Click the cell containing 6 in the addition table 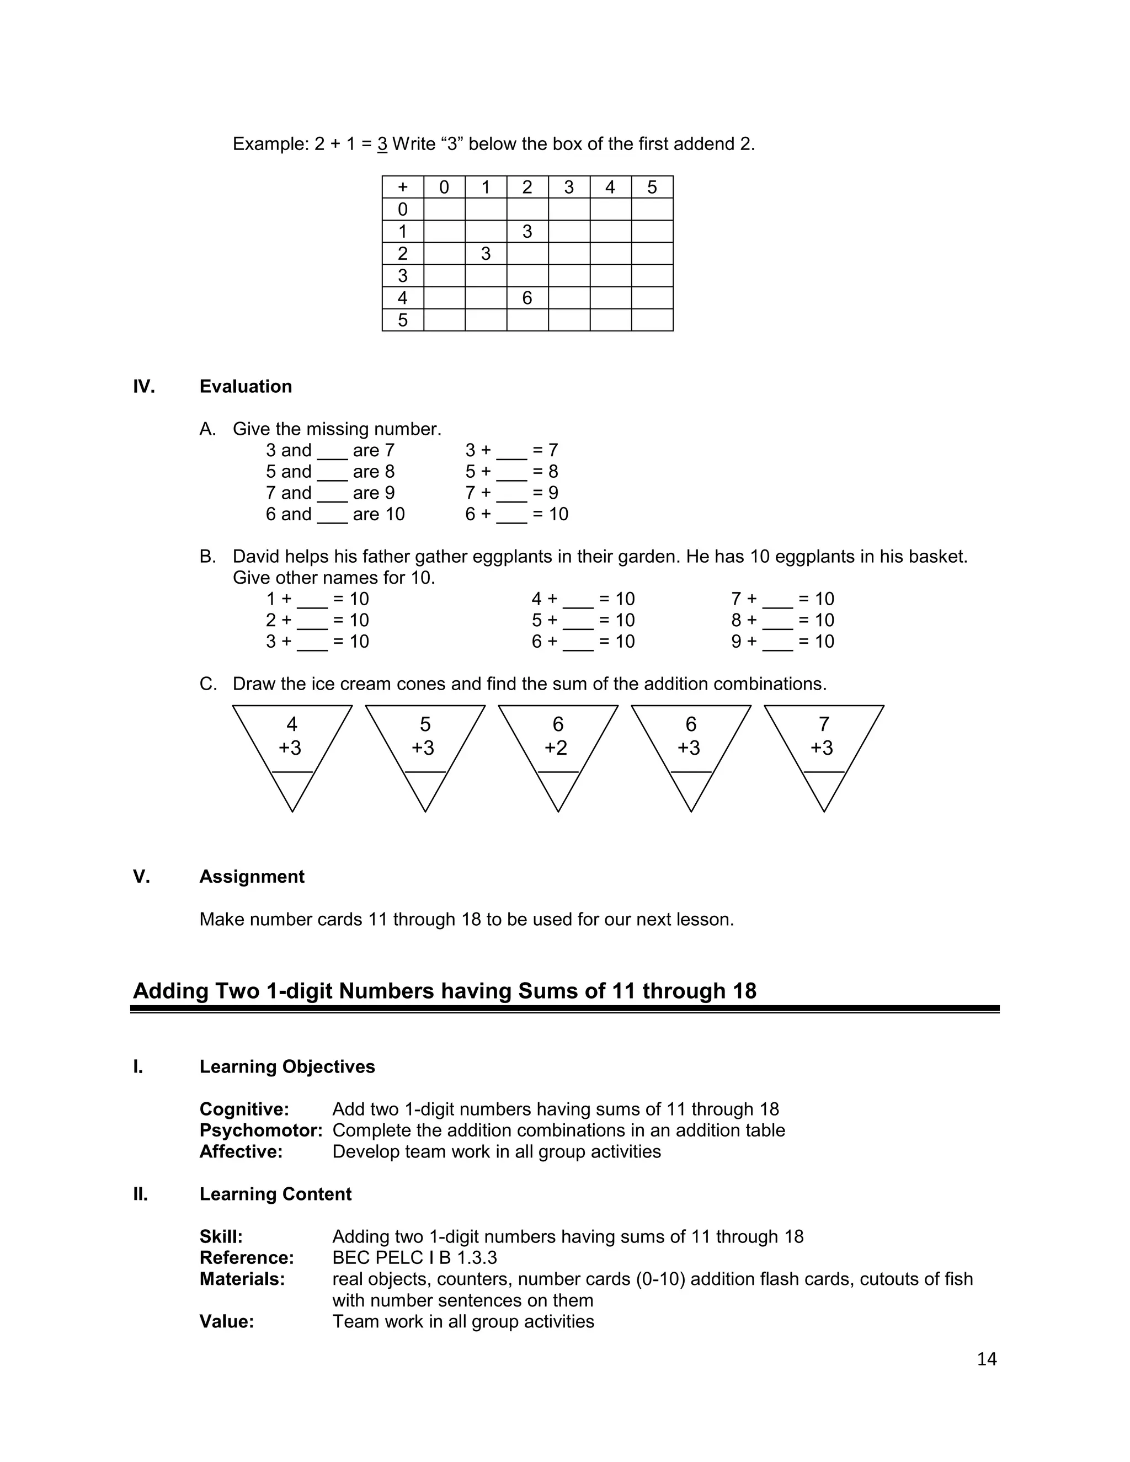coord(527,298)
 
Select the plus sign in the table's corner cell coord(402,188)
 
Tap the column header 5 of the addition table coord(652,188)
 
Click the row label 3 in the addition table coord(402,276)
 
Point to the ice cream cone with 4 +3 coord(292,750)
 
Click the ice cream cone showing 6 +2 coord(558,750)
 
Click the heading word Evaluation coord(246,387)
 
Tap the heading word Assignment coord(252,877)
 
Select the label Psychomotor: coord(261,1130)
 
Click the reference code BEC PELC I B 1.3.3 coord(414,1258)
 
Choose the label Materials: coord(242,1279)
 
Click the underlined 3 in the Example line coord(382,145)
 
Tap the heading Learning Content coord(275,1194)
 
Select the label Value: coord(227,1321)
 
